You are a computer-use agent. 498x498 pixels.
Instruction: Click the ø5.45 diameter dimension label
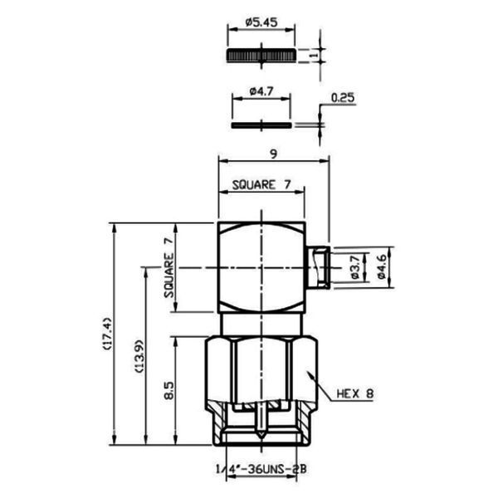[x=261, y=22]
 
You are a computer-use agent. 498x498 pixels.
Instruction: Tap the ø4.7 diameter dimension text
[x=261, y=92]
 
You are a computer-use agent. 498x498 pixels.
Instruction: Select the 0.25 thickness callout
[x=343, y=97]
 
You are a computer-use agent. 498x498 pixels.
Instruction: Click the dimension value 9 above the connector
[x=273, y=154]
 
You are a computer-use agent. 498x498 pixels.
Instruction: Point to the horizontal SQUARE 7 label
[x=261, y=185]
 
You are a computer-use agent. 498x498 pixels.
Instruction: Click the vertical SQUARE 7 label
[x=169, y=267]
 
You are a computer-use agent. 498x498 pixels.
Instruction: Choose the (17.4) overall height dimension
[x=107, y=334]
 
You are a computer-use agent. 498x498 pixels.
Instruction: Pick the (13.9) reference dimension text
[x=139, y=356]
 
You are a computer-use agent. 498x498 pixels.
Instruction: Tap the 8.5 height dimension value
[x=169, y=390]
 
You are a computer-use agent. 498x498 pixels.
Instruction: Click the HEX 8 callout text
[x=355, y=394]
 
